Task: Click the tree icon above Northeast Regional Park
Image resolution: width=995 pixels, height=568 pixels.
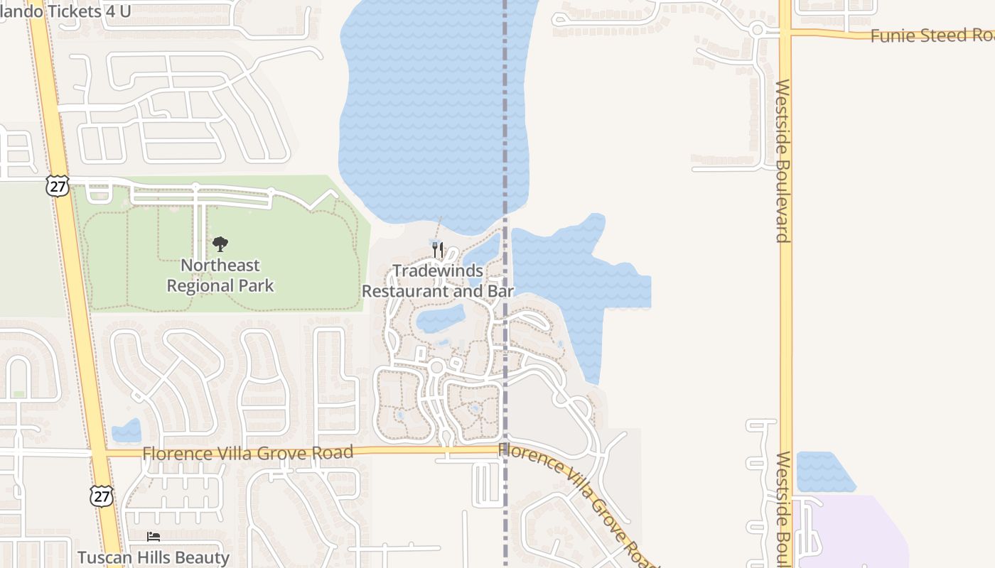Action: pos(220,244)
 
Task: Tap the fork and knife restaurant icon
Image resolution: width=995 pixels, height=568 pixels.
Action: pos(438,249)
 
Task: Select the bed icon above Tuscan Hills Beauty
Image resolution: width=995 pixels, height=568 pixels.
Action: pos(154,537)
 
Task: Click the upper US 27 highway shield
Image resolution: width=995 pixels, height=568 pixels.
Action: pos(58,186)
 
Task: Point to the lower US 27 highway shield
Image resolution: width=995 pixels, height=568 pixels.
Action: pos(101,496)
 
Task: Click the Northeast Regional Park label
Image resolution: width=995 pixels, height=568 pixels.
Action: pos(220,275)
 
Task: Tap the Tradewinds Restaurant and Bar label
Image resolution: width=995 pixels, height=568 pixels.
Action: pos(438,281)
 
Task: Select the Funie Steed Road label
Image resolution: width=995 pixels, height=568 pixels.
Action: pos(931,35)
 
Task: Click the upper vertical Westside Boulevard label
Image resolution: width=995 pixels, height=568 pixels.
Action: pos(782,160)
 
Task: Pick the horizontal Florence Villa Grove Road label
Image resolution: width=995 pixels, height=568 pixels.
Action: pos(247,453)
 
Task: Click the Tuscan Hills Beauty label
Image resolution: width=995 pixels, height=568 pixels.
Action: pos(154,557)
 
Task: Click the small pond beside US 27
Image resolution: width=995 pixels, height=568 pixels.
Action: pos(127,430)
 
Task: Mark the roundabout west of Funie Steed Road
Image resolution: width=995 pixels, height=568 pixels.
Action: pos(758,30)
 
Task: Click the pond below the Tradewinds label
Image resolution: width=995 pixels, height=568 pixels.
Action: pos(441,319)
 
